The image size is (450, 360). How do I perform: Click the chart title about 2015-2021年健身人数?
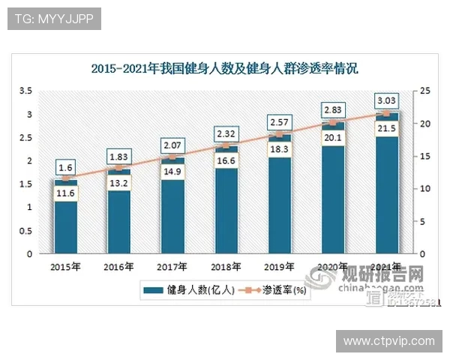click(225, 69)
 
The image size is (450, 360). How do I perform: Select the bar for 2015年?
click(65, 217)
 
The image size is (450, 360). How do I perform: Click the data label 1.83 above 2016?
click(118, 155)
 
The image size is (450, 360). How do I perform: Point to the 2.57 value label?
click(279, 121)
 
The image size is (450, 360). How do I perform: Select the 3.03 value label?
click(386, 100)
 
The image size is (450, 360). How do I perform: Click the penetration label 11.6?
click(65, 193)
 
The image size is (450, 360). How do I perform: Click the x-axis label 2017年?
click(172, 266)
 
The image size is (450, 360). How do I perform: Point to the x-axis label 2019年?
click(279, 266)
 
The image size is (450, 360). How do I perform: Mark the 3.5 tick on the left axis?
click(26, 91)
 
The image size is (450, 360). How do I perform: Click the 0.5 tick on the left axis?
click(26, 230)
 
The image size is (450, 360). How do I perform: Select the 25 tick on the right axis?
click(424, 91)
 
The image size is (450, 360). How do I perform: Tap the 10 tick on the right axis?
click(424, 189)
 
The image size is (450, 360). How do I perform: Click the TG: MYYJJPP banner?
click(54, 19)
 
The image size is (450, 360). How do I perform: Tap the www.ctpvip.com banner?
click(388, 341)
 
